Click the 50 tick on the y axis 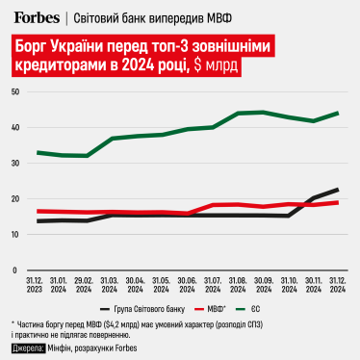point(16,91)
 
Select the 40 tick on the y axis point(16,128)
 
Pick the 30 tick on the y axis point(16,164)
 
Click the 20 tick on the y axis point(16,199)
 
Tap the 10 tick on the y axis point(16,235)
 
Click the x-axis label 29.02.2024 point(88,287)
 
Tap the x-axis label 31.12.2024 point(336,287)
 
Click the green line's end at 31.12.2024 point(336,113)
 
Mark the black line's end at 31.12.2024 point(336,190)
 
